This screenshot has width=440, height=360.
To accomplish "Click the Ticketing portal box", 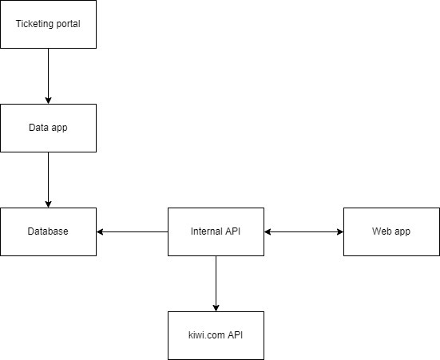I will tap(48, 24).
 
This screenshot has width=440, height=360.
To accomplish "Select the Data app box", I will tap(48, 128).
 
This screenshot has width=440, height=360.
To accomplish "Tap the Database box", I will tap(48, 231).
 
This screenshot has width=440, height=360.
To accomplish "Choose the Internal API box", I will tap(216, 231).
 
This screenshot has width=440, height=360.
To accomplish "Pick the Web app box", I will tap(391, 231).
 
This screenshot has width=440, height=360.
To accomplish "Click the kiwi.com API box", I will tap(216, 335).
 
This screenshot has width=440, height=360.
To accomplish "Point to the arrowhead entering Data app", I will tap(48, 100).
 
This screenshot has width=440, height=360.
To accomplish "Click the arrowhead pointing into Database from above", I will tap(48, 204).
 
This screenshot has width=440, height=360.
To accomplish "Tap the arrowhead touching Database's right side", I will tap(101, 231).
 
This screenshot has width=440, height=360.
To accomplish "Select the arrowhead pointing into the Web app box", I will tap(339, 231).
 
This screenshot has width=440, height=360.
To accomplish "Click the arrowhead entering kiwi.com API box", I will tap(216, 307).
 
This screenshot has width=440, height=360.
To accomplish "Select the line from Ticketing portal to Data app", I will tap(48, 72).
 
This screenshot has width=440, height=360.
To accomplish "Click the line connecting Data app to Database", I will tap(48, 176).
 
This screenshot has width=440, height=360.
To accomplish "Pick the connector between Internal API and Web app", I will tap(303, 231).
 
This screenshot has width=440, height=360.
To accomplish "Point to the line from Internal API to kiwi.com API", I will tap(216, 279).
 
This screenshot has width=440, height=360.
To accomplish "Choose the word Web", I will tap(382, 231).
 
